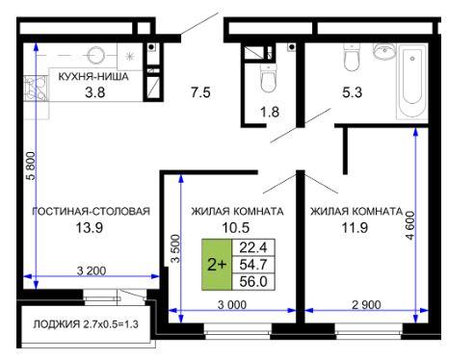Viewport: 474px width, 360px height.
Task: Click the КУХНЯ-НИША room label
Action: tap(93, 77)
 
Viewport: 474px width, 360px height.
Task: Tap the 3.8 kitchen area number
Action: tap(94, 92)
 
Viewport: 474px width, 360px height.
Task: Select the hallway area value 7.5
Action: tap(200, 92)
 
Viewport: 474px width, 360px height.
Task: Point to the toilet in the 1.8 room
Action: tap(269, 78)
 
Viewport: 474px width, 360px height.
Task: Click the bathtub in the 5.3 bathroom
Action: tap(412, 82)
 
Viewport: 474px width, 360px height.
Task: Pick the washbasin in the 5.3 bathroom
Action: tap(383, 51)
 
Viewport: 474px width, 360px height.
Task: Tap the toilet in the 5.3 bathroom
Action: tap(352, 57)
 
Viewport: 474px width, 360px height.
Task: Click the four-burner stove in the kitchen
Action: tap(36, 87)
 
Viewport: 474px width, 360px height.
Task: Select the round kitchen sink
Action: tap(96, 55)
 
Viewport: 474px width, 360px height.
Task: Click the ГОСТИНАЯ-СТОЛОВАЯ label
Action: tap(92, 211)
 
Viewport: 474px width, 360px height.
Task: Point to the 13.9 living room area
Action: tap(89, 228)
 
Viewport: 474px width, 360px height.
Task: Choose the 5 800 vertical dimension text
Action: tap(32, 166)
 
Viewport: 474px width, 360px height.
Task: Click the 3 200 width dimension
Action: tap(92, 270)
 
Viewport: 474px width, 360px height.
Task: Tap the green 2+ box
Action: tap(217, 265)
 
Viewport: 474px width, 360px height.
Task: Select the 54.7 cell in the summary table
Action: tap(253, 265)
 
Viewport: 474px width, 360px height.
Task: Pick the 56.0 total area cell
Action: tap(253, 282)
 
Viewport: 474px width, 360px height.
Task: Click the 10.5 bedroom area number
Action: tap(236, 228)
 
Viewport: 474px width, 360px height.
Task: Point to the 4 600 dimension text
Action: tap(410, 225)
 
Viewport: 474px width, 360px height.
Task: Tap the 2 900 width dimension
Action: tap(366, 305)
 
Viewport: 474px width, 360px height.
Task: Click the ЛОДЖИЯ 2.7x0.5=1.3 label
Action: tap(86, 324)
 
